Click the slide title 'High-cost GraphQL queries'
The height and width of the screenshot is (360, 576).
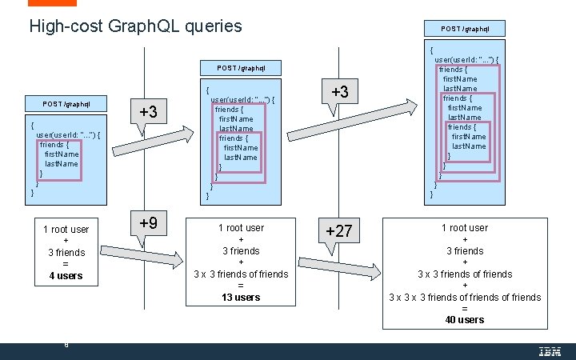pos(135,26)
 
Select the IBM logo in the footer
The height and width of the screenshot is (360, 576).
pos(550,351)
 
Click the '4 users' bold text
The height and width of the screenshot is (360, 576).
pos(66,276)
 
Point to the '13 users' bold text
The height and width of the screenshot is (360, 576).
pos(241,297)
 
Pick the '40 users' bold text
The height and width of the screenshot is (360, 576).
pos(465,319)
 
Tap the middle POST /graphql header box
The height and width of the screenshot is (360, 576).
pos(241,68)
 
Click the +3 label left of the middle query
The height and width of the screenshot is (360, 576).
pos(148,112)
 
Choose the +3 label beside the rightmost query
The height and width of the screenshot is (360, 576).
pos(339,93)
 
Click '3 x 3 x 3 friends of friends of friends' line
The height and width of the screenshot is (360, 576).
pos(465,297)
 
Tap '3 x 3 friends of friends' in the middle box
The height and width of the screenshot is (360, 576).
pos(241,274)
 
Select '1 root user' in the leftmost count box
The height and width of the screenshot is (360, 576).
pos(66,230)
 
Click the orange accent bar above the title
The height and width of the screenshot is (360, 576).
pos(47,3)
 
